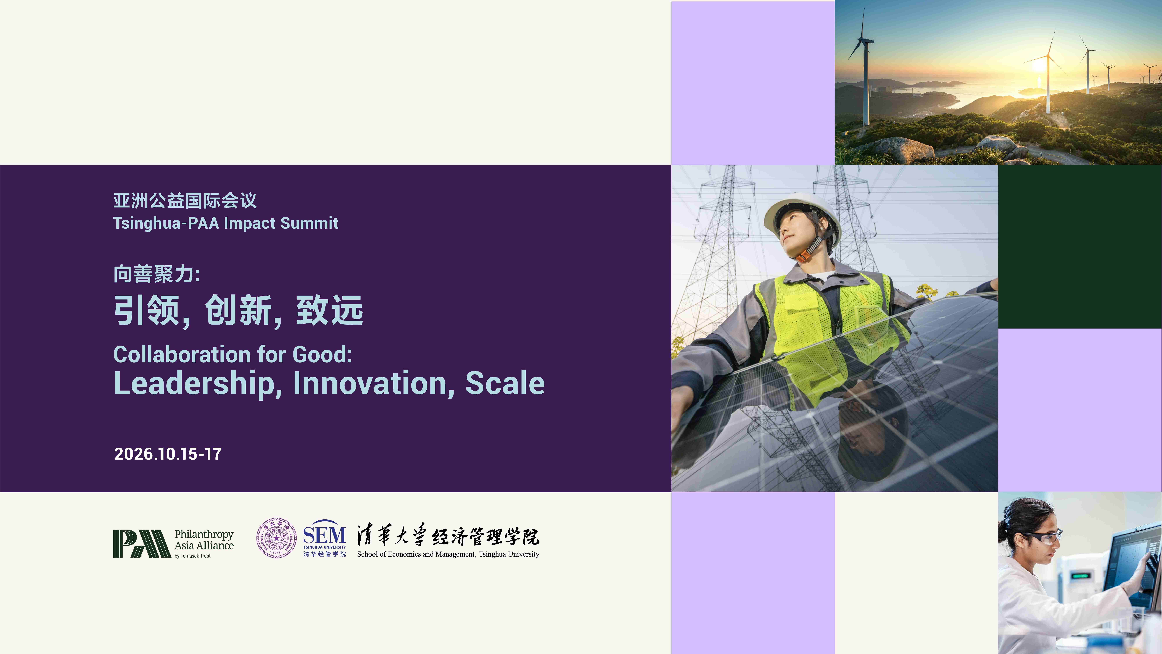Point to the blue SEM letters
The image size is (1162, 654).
pos(324,536)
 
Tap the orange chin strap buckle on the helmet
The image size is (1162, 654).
pos(802,256)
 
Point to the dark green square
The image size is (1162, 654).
pos(1080,246)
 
